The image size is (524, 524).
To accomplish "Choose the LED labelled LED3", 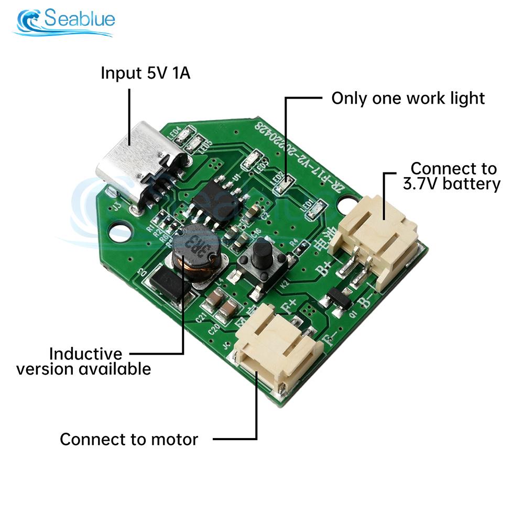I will (252, 158).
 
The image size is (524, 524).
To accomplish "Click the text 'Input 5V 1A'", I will (146, 73).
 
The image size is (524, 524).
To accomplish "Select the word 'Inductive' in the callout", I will (85, 354).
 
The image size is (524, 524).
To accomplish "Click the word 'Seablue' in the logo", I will (79, 19).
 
